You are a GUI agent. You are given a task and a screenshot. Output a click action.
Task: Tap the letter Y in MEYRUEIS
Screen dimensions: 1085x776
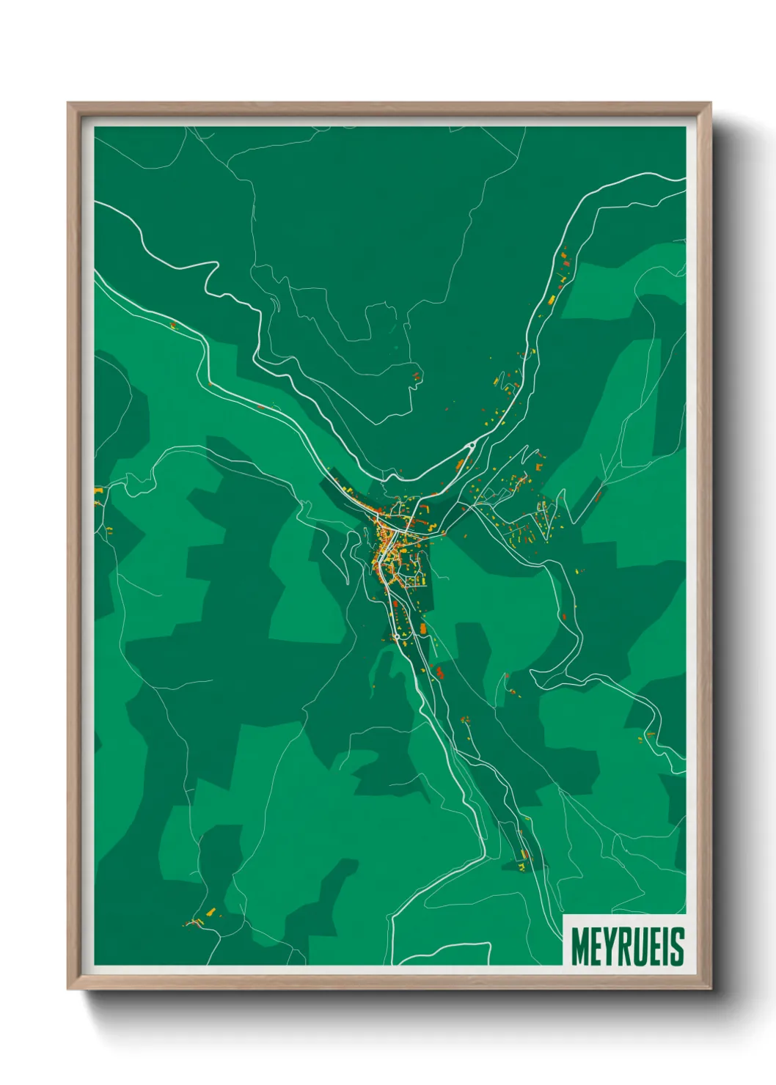click(x=610, y=947)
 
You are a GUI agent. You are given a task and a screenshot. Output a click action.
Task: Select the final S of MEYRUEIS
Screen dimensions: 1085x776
click(x=677, y=947)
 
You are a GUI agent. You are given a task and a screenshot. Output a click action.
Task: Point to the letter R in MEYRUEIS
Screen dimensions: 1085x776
click(x=625, y=947)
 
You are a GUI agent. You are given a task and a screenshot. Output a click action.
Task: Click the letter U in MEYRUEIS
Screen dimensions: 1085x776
click(x=640, y=947)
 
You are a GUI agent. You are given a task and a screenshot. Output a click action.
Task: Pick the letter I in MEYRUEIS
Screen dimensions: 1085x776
click(x=666, y=947)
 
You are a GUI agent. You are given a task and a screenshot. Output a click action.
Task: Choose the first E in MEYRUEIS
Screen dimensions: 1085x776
click(x=596, y=947)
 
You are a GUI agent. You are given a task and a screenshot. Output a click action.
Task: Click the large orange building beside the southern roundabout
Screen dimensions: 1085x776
click(x=423, y=629)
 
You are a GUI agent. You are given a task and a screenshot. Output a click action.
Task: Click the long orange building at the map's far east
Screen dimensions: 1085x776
click(x=598, y=496)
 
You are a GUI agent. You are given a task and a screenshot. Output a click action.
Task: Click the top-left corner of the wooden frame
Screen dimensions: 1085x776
click(x=68, y=103)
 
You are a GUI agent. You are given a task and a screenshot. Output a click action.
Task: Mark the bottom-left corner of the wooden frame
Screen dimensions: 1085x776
click(x=68, y=990)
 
